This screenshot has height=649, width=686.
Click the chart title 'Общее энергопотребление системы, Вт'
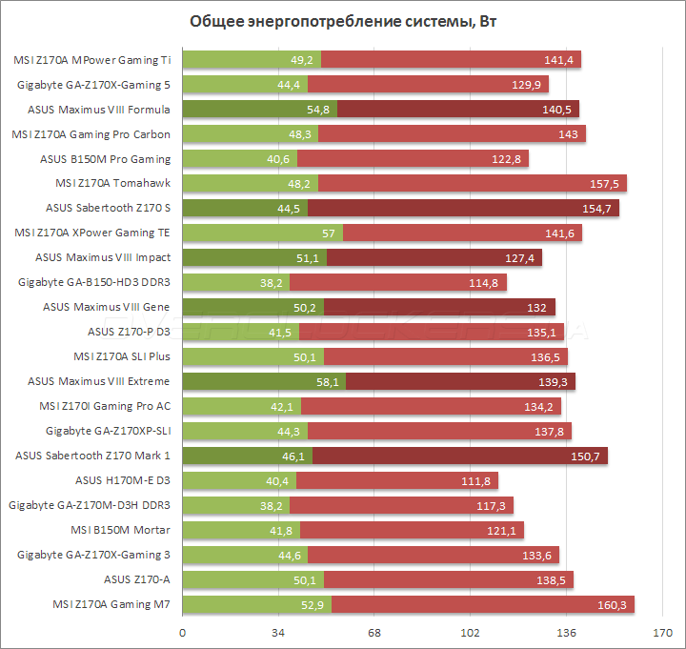(343, 22)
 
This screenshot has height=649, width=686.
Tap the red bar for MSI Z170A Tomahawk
(457, 183)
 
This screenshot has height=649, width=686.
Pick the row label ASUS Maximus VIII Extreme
(99, 381)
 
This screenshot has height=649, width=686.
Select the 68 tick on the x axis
(374, 631)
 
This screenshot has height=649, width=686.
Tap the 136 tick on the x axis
(567, 631)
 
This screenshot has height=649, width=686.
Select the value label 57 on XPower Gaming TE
(329, 233)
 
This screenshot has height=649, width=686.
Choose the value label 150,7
(583, 456)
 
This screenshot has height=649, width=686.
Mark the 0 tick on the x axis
(182, 631)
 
